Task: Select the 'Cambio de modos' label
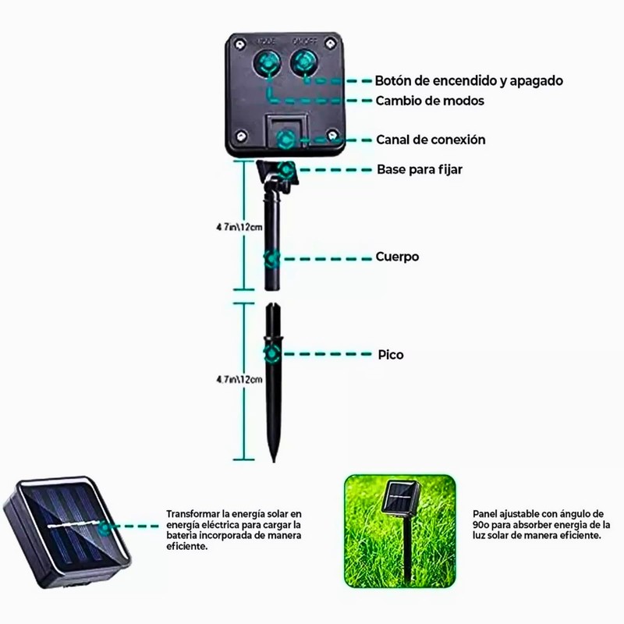click(x=430, y=101)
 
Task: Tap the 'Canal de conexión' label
click(x=431, y=140)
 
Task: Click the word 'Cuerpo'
click(x=397, y=257)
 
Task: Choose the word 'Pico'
click(x=390, y=354)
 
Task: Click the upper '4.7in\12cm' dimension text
click(x=239, y=227)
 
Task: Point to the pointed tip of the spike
click(x=273, y=458)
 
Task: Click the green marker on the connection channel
click(x=286, y=140)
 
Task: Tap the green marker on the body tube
click(x=271, y=257)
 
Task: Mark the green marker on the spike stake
click(x=271, y=354)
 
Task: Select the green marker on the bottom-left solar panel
click(x=103, y=527)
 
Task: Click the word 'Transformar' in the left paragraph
click(x=192, y=514)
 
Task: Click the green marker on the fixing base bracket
click(x=286, y=169)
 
